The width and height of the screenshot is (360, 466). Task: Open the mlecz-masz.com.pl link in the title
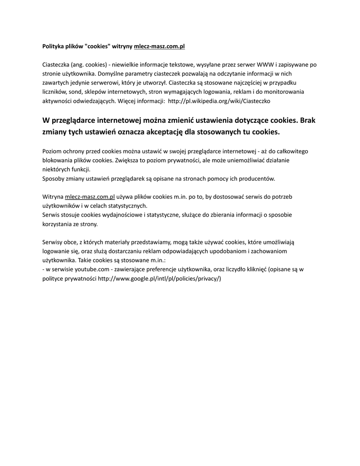[x=159, y=46]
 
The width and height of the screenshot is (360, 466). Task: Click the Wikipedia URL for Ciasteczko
[x=219, y=101]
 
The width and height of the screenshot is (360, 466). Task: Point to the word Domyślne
[x=110, y=74]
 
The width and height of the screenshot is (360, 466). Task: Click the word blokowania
[x=58, y=160]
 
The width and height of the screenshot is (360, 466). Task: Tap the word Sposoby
[x=54, y=178]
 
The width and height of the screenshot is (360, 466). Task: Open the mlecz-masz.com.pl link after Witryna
[x=90, y=197]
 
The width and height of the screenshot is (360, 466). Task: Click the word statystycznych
[x=125, y=206]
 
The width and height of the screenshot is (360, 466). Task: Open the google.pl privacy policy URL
[x=159, y=279]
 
